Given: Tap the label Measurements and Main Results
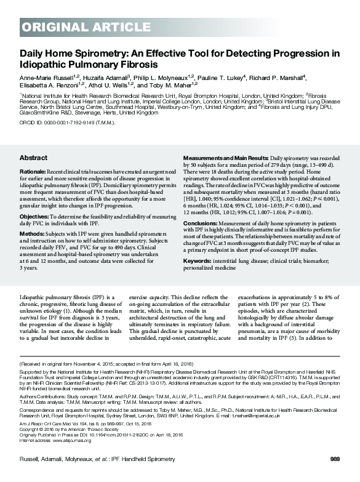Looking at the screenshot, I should click(222, 158).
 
